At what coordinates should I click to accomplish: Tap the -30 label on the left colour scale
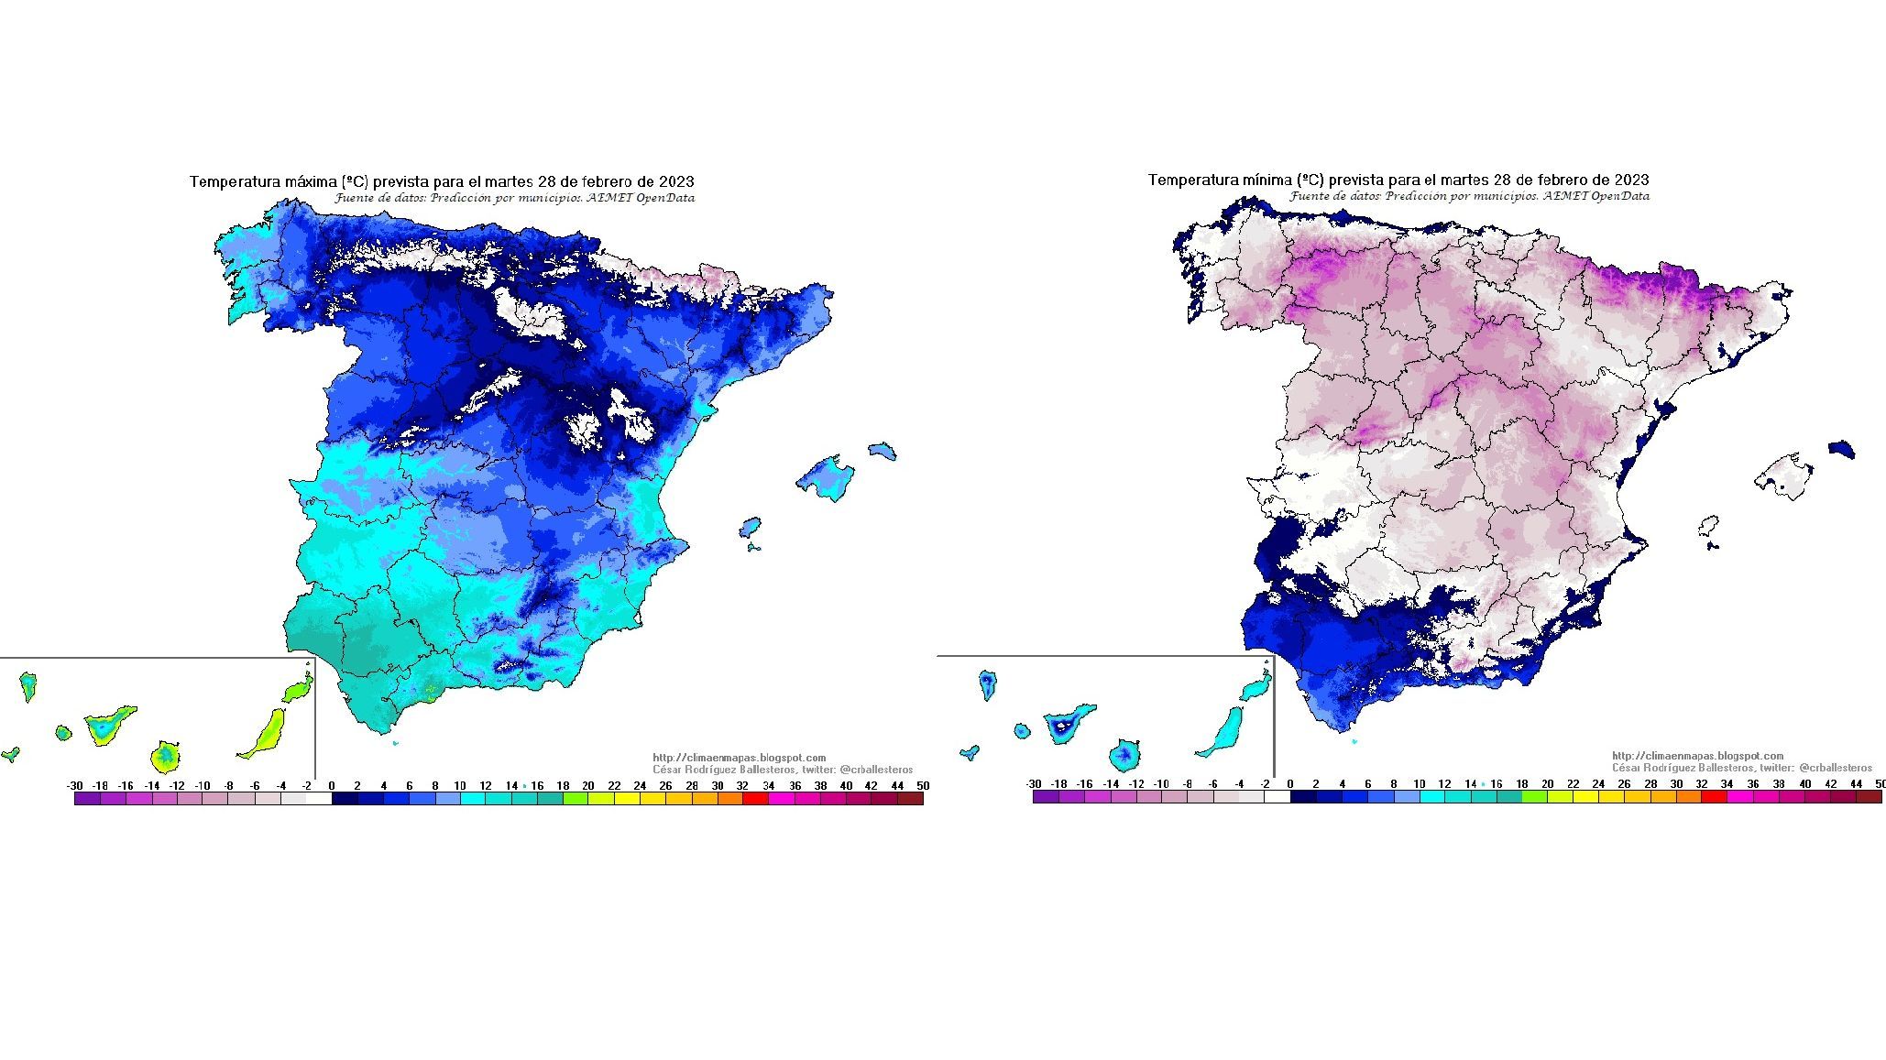[x=75, y=786]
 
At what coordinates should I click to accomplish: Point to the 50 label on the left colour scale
[x=922, y=786]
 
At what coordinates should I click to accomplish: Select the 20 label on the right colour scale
[x=1548, y=784]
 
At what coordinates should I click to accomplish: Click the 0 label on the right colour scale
[x=1290, y=784]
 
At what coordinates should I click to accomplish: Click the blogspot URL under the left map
[x=739, y=758]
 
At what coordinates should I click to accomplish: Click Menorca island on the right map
[x=1841, y=450]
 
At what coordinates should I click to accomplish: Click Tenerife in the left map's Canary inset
[x=108, y=725]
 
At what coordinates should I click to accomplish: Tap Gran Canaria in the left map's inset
[x=166, y=757]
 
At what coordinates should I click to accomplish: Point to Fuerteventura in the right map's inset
[x=1223, y=734]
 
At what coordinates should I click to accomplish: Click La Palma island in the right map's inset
[x=988, y=683]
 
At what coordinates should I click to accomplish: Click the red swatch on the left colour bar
[x=755, y=799]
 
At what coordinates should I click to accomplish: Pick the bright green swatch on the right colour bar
[x=1534, y=797]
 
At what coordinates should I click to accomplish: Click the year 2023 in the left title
[x=676, y=182]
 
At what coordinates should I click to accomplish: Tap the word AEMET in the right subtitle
[x=1565, y=196]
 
